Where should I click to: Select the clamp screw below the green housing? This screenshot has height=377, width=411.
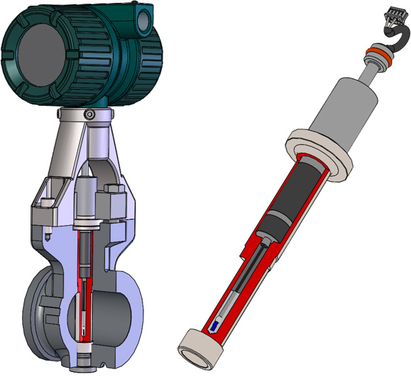[89, 115]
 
